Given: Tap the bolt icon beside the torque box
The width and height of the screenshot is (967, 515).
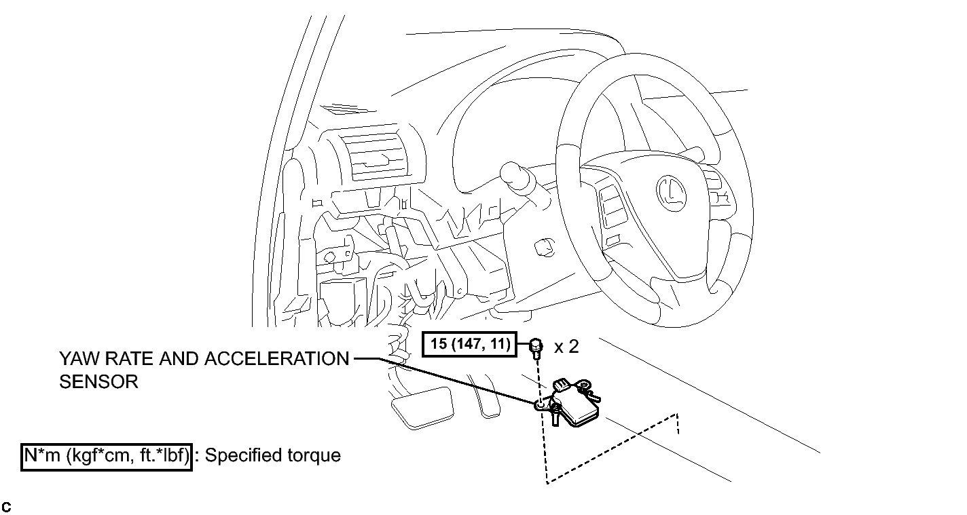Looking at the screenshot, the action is point(536,347).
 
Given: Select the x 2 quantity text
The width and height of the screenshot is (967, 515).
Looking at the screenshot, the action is point(566,347).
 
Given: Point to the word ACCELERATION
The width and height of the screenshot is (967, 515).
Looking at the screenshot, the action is point(276,359).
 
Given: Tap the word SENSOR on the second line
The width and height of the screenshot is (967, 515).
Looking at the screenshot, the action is point(98,382).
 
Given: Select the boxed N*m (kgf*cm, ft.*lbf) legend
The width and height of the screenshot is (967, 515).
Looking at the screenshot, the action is point(106,457).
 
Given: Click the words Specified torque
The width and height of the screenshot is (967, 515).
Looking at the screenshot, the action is point(273,455).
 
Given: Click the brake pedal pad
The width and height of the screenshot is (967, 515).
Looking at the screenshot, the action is point(423,407).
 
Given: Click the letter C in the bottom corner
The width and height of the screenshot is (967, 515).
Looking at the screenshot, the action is point(6,508).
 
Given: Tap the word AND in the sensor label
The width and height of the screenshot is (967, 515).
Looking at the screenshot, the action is point(178,359).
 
